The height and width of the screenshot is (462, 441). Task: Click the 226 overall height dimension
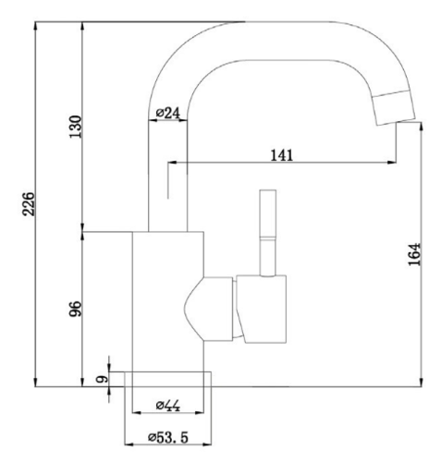pos(29,204)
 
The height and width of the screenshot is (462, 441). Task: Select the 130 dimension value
pos(76,127)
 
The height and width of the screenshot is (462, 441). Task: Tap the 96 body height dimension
pos(76,309)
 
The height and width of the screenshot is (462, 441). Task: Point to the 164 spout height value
pos(415,254)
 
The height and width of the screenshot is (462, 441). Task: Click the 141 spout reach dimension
pos(282,155)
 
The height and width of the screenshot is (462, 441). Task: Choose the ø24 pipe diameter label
pos(167,114)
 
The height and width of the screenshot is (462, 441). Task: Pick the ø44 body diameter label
pos(168,406)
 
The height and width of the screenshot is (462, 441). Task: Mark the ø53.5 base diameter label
pos(168,437)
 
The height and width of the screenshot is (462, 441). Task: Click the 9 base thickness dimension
pos(102,379)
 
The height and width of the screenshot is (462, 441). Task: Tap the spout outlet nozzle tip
pos(395,108)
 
